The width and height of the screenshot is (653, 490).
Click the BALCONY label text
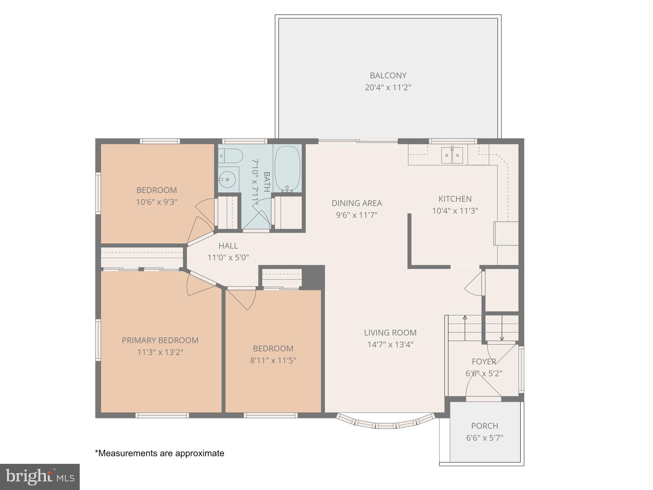pyautogui.click(x=388, y=76)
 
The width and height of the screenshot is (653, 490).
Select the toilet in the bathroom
pyautogui.click(x=231, y=156)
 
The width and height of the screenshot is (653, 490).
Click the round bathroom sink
pyautogui.click(x=228, y=180)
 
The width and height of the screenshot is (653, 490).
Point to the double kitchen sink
pyautogui.click(x=452, y=155)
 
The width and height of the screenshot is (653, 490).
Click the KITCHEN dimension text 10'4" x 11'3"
pyautogui.click(x=455, y=211)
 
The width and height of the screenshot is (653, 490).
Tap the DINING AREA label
pyautogui.click(x=356, y=203)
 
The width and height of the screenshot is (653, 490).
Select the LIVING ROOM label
pyautogui.click(x=390, y=333)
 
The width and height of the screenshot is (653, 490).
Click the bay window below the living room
pyautogui.click(x=385, y=425)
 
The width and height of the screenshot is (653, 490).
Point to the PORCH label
pyautogui.click(x=484, y=426)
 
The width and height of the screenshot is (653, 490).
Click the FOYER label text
pyautogui.click(x=484, y=361)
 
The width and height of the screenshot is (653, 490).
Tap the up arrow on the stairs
pyautogui.click(x=465, y=318)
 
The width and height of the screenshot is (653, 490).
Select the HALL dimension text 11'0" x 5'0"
pyautogui.click(x=228, y=257)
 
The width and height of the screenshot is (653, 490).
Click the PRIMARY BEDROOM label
pyautogui.click(x=160, y=340)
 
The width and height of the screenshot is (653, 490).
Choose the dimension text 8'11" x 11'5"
pyautogui.click(x=273, y=360)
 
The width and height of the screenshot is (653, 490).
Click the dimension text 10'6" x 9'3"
pyautogui.click(x=157, y=202)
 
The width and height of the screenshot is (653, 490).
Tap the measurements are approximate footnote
pyautogui.click(x=160, y=453)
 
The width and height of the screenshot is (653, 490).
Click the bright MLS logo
pyautogui.click(x=40, y=477)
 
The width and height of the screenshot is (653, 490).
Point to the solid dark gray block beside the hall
pyautogui.click(x=313, y=277)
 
